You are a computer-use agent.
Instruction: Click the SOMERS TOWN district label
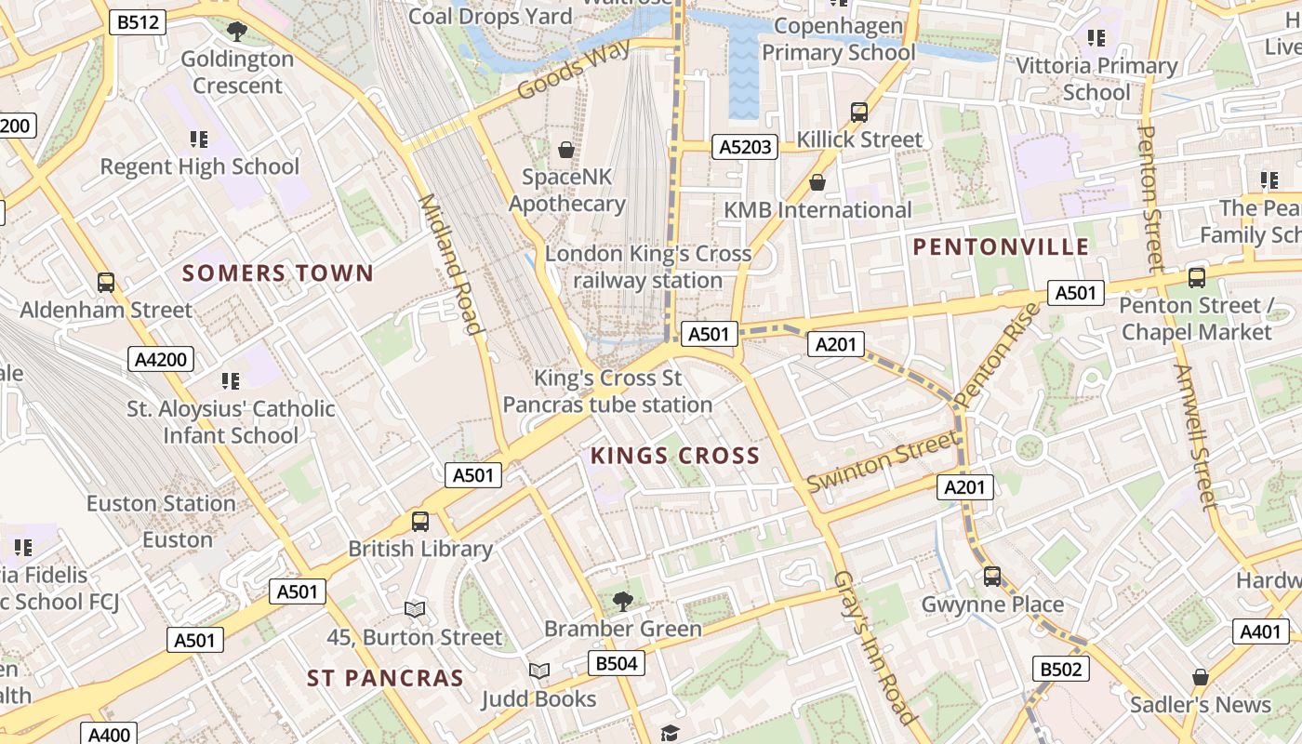pos(277,273)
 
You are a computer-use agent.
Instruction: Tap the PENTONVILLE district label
pos(1001,246)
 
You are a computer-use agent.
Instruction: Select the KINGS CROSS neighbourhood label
pos(675,456)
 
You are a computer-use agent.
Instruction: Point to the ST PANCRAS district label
pos(385,678)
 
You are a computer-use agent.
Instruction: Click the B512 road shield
pos(138,22)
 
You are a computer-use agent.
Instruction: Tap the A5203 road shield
pos(745,146)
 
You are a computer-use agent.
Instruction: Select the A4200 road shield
pos(161,359)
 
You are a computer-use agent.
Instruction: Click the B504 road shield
pos(616,663)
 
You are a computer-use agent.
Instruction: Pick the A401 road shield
pos(1260,631)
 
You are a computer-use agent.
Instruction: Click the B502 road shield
pos(1060,669)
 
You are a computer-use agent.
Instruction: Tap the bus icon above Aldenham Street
pos(106,282)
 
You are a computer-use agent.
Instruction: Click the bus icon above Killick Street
pos(859,113)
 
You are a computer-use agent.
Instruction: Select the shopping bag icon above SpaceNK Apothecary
pos(565,149)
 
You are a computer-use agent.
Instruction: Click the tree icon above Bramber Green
pos(623,601)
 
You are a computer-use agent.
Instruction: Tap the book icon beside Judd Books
pos(539,671)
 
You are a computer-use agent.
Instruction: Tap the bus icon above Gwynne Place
pos(992,577)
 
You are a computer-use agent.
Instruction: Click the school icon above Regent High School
pos(199,139)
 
